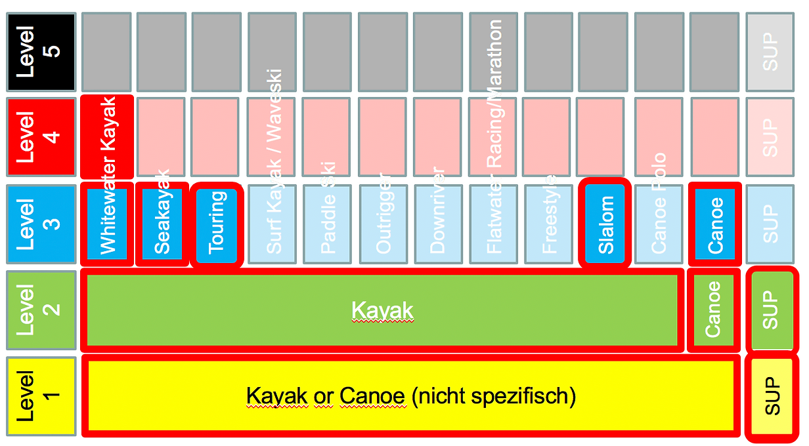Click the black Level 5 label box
39,52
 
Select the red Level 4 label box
39,137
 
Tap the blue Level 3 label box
39,224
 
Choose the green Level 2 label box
39,310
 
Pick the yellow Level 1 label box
39,396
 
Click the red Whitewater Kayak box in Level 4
108,136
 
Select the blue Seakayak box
162,224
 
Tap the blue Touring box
217,224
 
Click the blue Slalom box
605,224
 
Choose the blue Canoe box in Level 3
715,224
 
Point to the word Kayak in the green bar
382,310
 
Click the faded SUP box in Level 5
770,52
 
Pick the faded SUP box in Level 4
770,137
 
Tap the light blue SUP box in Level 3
770,224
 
